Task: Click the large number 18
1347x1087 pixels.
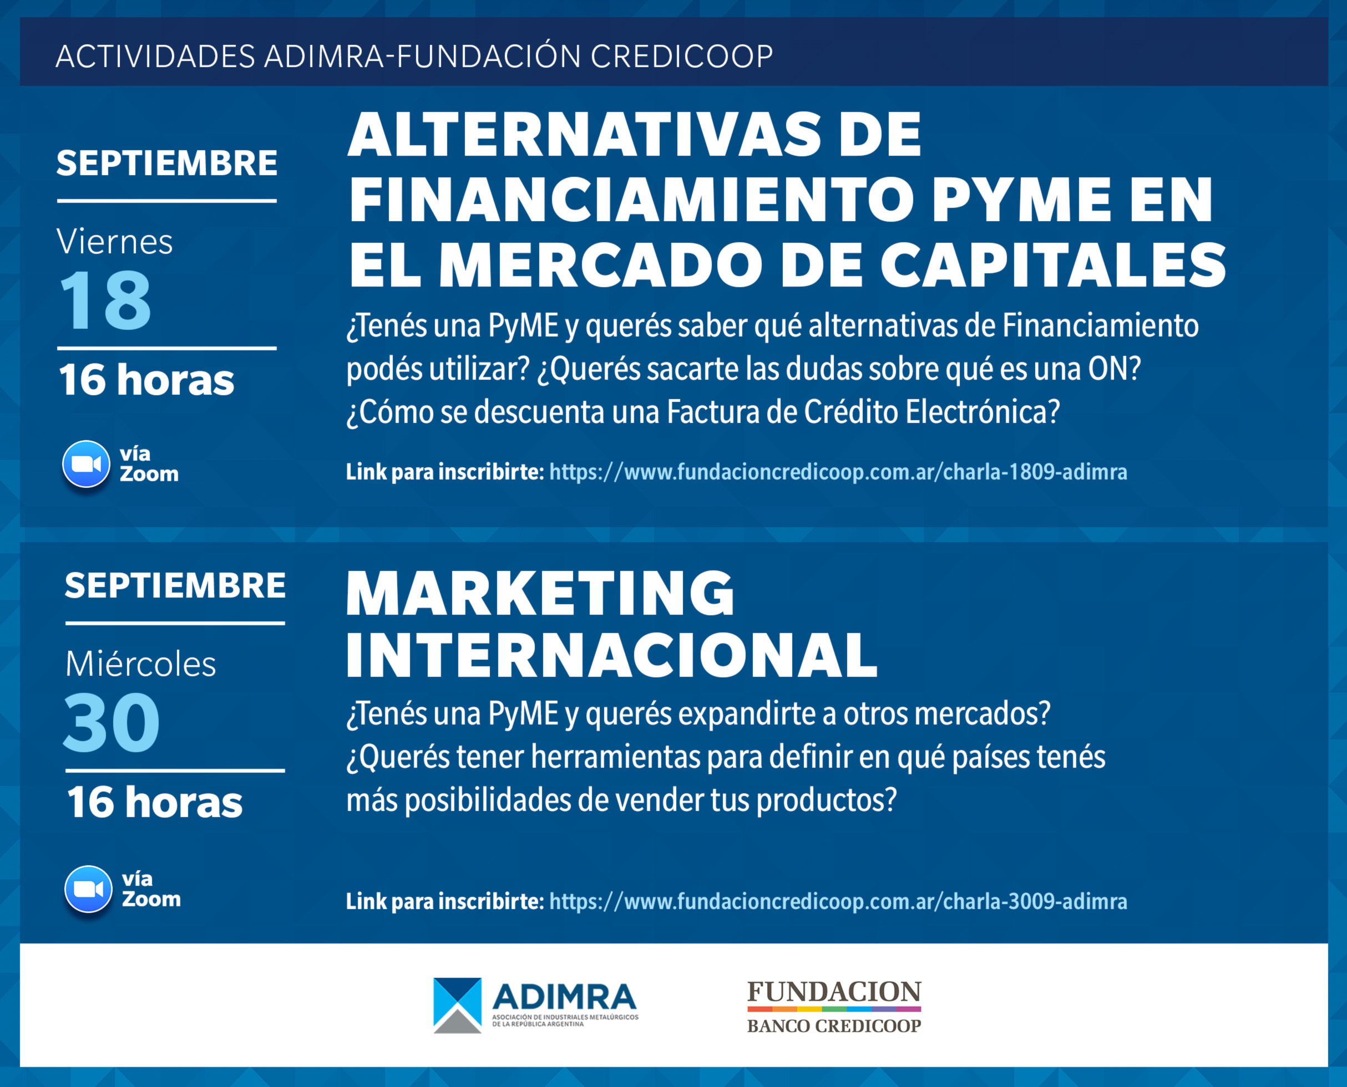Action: tap(105, 300)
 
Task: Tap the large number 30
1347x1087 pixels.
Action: tap(112, 723)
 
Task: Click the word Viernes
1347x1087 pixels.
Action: tap(115, 242)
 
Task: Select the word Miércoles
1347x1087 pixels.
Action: tap(140, 664)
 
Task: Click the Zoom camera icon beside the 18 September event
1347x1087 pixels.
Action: tap(86, 464)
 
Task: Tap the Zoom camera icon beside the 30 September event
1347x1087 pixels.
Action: tap(88, 889)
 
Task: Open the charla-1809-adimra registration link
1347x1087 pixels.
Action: tap(838, 472)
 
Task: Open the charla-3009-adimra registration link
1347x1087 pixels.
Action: tap(838, 902)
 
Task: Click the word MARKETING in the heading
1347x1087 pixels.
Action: tap(540, 593)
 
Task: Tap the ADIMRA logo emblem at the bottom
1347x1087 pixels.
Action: tap(457, 1006)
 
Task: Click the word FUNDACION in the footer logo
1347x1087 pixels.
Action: tap(834, 992)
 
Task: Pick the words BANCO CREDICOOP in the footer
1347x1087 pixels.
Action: tap(834, 1025)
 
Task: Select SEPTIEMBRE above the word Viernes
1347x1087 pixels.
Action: tap(166, 163)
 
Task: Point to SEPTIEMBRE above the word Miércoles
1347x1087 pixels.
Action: tap(175, 585)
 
